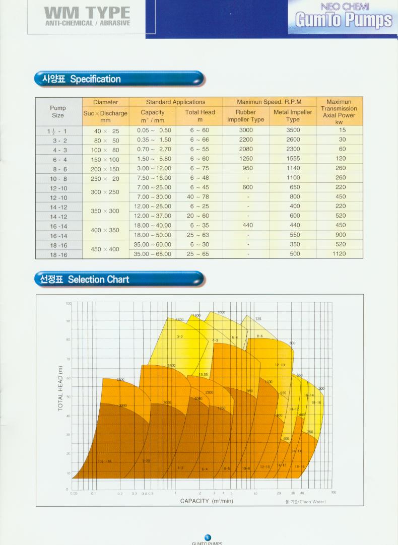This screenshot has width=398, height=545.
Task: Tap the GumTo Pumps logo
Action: click(x=344, y=20)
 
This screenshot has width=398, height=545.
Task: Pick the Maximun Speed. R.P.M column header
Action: click(x=269, y=102)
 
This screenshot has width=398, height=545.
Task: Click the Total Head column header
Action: click(x=200, y=116)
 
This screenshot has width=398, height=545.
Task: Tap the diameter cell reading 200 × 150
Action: click(x=105, y=169)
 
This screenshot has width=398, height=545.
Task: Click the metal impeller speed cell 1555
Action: click(x=292, y=159)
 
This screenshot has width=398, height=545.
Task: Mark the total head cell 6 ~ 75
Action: click(x=200, y=169)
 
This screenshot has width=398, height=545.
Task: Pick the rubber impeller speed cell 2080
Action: click(x=245, y=150)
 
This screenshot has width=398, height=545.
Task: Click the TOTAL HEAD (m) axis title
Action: click(x=60, y=388)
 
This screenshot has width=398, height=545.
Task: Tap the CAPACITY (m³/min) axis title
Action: click(x=207, y=501)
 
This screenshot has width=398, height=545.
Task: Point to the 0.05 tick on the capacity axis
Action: click(x=74, y=494)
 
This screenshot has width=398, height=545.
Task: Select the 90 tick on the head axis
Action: click(x=68, y=321)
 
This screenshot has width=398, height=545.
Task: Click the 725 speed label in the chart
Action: click(x=258, y=319)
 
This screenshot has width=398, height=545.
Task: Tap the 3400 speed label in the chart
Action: click(x=171, y=365)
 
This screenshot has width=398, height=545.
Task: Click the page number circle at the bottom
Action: click(x=207, y=537)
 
